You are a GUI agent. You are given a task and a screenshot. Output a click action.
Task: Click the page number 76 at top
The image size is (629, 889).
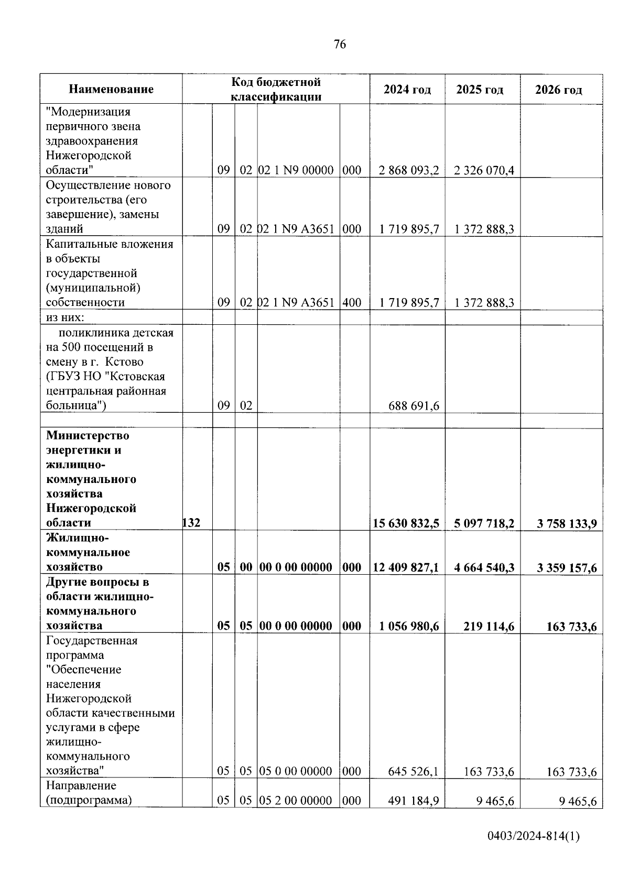[340, 45]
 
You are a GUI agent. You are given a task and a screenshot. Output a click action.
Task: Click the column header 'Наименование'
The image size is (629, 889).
[111, 89]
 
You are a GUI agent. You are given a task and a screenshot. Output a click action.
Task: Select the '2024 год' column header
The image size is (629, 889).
[407, 90]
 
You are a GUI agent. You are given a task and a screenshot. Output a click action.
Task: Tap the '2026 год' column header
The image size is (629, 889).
[558, 90]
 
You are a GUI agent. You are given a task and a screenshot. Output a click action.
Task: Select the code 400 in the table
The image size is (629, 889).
[352, 303]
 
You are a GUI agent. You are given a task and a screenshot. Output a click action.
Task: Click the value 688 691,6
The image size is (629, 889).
[414, 406]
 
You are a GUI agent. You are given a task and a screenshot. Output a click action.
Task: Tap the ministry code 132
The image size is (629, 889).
[191, 523]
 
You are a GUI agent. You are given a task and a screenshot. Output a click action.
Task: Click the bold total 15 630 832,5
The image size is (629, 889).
[406, 523]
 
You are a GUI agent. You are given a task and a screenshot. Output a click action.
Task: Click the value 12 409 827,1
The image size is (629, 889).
[406, 567]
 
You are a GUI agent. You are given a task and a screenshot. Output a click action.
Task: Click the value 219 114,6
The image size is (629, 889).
[488, 626]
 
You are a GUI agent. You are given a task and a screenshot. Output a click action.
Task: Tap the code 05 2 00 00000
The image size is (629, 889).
[296, 800]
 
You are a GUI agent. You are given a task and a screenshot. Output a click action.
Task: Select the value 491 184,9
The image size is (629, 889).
[414, 800]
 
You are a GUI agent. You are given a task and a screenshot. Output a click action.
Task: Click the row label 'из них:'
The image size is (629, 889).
[65, 317]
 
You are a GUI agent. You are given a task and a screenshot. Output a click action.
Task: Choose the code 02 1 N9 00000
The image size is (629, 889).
[296, 171]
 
